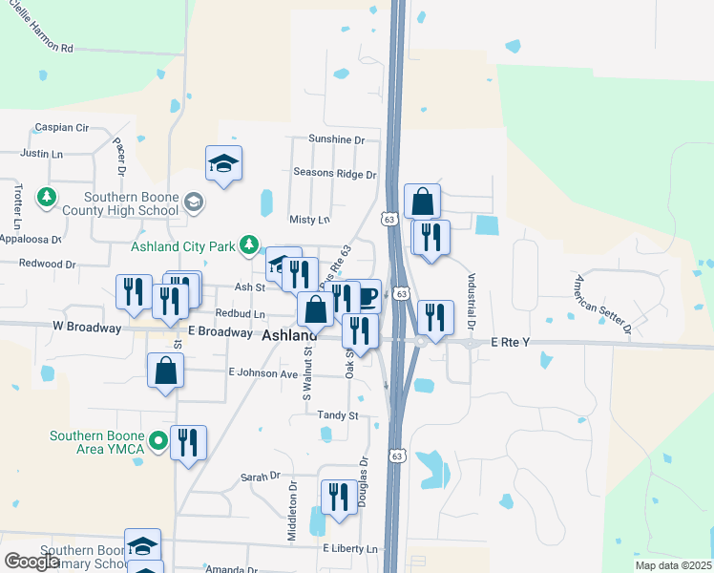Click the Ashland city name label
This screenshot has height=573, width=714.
pyautogui.click(x=289, y=336)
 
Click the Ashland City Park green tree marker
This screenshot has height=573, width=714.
pyautogui.click(x=249, y=245)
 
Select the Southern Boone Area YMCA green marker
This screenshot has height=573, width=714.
pyautogui.click(x=159, y=441)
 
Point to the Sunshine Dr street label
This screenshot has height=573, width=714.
pyautogui.click(x=337, y=139)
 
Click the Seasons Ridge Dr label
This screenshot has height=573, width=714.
pyautogui.click(x=335, y=175)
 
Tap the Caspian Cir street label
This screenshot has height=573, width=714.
pyautogui.click(x=61, y=127)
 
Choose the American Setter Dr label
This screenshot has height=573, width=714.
pyautogui.click(x=602, y=306)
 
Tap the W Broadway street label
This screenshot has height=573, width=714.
pyautogui.click(x=95, y=328)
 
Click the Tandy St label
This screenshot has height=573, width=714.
pyautogui.click(x=338, y=415)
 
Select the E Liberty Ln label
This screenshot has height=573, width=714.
pyautogui.click(x=350, y=549)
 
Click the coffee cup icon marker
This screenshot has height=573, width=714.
pyautogui.click(x=368, y=295)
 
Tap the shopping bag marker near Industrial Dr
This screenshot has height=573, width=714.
pyautogui.click(x=422, y=201)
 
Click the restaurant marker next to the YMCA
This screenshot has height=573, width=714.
pyautogui.click(x=188, y=442)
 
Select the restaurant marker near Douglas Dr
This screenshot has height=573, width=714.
pyautogui.click(x=339, y=497)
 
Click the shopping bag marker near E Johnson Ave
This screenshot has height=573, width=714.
pyautogui.click(x=165, y=371)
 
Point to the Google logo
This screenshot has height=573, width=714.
pyautogui.click(x=32, y=562)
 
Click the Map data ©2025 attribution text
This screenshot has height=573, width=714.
pyautogui.click(x=673, y=565)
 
